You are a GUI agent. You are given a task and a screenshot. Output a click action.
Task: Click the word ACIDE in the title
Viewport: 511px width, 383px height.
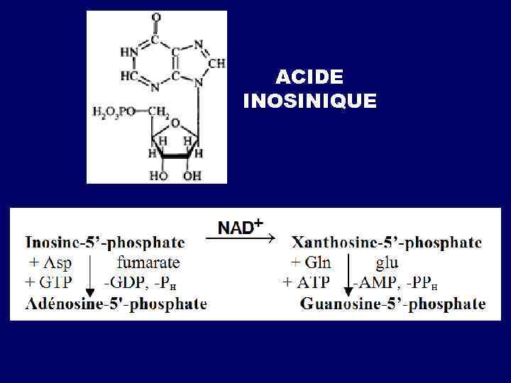pos(309,77)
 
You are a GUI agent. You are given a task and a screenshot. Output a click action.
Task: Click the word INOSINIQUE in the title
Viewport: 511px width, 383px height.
pos(309,101)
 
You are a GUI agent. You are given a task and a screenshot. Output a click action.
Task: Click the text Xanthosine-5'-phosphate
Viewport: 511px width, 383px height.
pos(387,243)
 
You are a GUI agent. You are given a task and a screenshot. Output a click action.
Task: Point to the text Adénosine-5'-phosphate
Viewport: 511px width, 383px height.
pos(116,304)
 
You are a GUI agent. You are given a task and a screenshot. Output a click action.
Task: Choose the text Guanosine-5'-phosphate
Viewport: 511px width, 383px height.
pos(393,304)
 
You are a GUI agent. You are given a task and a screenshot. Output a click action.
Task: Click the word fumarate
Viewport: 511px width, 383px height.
pos(148,263)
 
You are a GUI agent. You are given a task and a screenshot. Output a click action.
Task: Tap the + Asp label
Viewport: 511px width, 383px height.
pos(50,263)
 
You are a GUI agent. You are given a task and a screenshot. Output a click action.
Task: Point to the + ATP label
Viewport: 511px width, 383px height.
pos(306,282)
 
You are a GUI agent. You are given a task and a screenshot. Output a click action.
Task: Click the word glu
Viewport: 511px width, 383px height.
pos(387,263)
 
